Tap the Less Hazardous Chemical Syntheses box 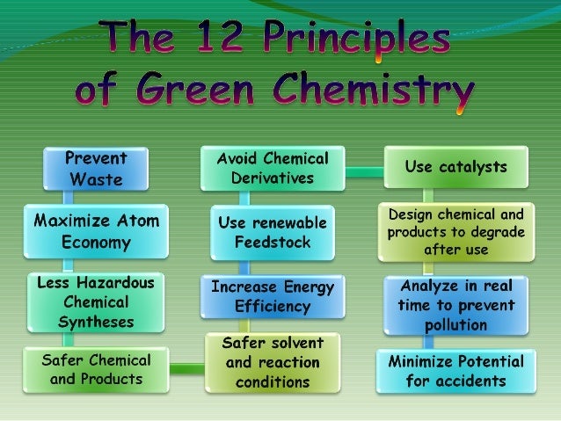pos(96,301)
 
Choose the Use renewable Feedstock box pos(272,233)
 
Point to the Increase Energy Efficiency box pos(273,297)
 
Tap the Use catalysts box pos(455,165)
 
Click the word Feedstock pos(272,243)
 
